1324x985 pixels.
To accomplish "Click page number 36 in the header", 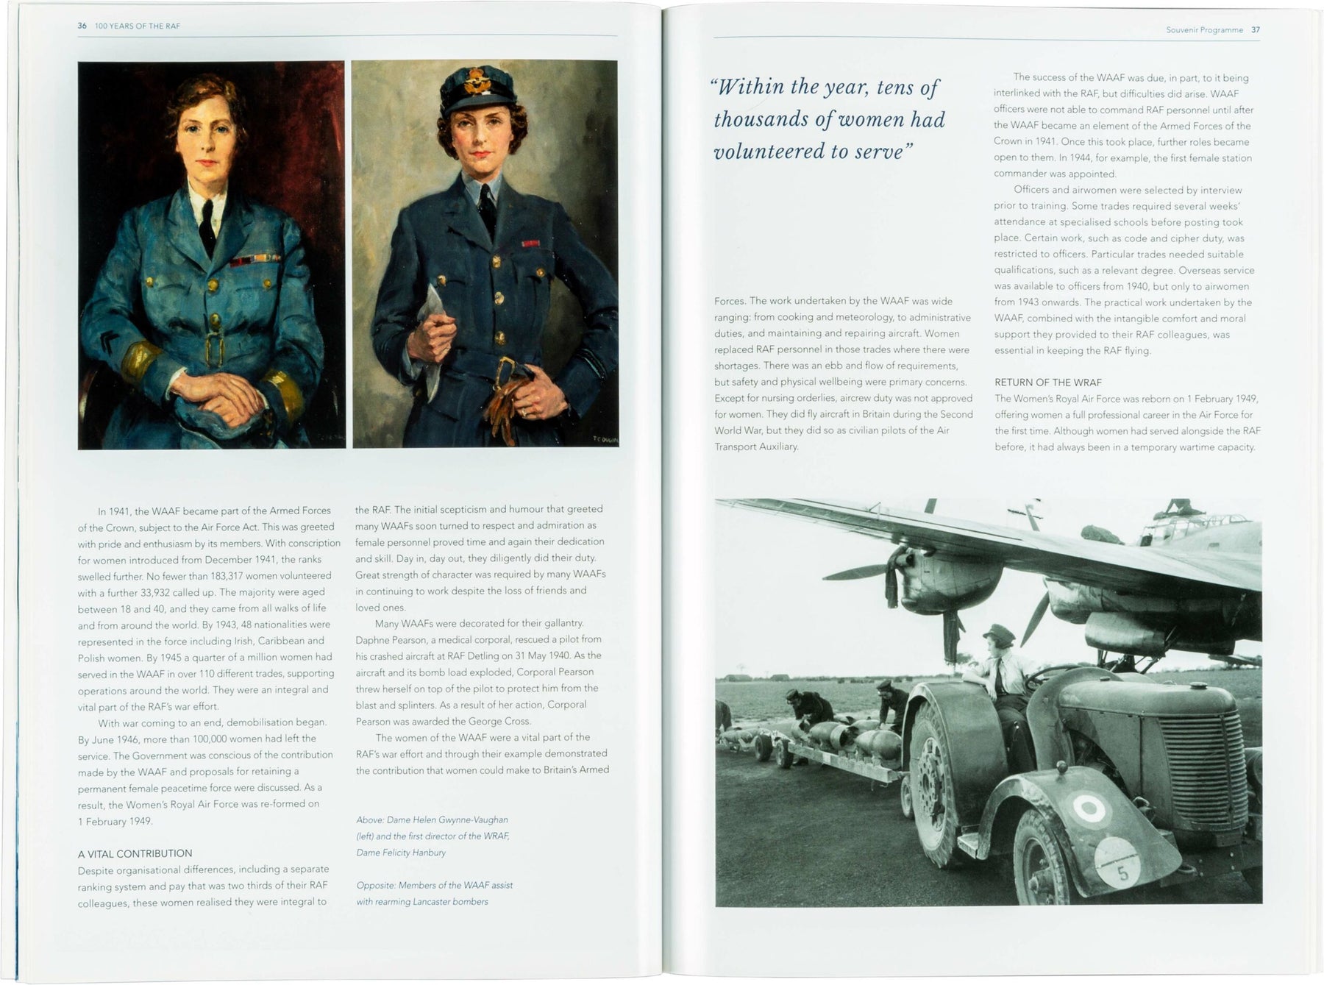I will [82, 26].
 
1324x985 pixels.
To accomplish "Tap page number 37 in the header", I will [1256, 30].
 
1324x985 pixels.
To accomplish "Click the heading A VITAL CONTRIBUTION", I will [135, 853].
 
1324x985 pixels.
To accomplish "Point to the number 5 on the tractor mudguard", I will [1122, 873].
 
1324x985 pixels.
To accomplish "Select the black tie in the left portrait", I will [208, 224].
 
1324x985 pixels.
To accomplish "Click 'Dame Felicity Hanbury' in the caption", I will [401, 853].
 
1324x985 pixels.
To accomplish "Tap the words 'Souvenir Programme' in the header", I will [1204, 30].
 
